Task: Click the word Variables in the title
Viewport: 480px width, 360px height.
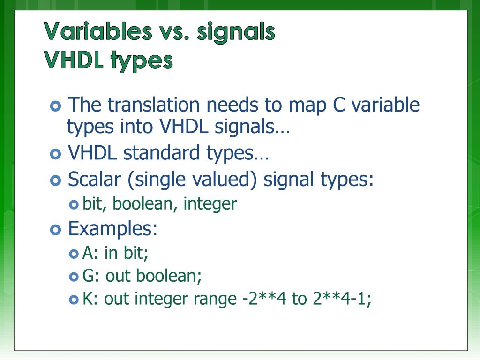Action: pyautogui.click(x=98, y=32)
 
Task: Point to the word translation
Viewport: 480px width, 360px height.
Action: pyautogui.click(x=155, y=105)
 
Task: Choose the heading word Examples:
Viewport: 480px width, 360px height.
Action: pyautogui.click(x=112, y=229)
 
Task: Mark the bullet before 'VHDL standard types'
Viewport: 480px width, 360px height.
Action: pyautogui.click(x=55, y=154)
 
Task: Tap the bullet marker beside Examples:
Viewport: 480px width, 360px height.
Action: pyautogui.click(x=55, y=230)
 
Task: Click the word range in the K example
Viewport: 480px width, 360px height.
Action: pyautogui.click(x=214, y=300)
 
